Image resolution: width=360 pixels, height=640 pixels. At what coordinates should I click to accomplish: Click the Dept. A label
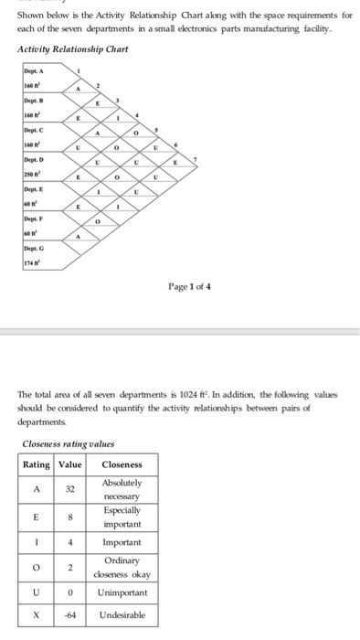[x=34, y=72]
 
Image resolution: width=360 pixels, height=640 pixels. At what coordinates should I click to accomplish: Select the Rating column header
[x=37, y=464]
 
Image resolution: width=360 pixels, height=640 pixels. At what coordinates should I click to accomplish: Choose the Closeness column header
[x=122, y=464]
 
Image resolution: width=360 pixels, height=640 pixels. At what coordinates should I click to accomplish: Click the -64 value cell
[x=70, y=614]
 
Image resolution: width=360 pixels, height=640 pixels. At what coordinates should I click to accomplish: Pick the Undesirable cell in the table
[x=122, y=614]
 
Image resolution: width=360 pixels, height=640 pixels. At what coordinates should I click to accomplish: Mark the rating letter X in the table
[x=37, y=614]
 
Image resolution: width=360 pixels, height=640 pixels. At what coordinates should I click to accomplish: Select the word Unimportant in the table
[x=122, y=592]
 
